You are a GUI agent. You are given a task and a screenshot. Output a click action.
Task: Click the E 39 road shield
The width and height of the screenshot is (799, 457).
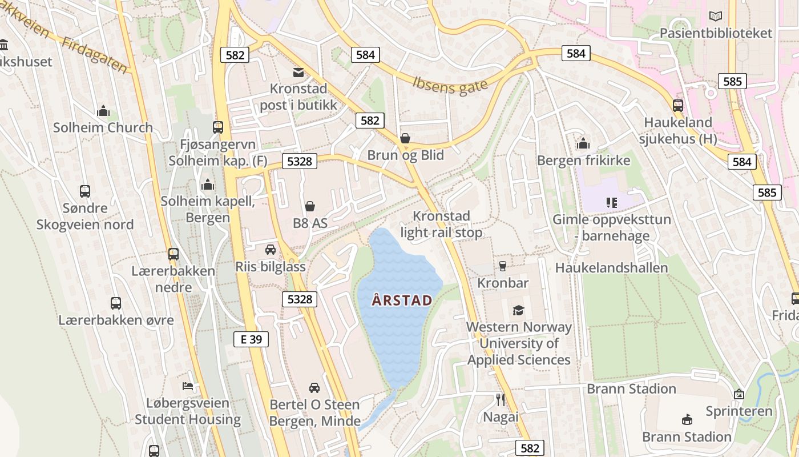pyautogui.click(x=251, y=339)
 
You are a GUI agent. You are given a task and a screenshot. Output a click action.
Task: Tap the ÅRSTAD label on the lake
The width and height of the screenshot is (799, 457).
pyautogui.click(x=402, y=300)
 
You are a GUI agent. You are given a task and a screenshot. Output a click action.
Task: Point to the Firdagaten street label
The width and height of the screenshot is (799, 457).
pyautogui.click(x=95, y=56)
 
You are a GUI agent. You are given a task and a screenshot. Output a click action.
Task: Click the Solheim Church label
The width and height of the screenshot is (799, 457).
pyautogui.click(x=103, y=127)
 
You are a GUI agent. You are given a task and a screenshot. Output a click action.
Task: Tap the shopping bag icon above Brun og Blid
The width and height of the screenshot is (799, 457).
pyautogui.click(x=405, y=138)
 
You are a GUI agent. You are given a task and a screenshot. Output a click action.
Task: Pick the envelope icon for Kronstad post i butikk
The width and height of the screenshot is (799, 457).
pyautogui.click(x=298, y=73)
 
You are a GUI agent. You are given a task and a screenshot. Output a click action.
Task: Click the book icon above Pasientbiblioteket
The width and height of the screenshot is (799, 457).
pyautogui.click(x=715, y=16)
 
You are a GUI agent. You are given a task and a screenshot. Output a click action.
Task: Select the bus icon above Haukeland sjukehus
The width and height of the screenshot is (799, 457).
pyautogui.click(x=677, y=106)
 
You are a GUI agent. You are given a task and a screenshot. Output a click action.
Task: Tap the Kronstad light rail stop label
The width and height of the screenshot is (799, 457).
pyautogui.click(x=441, y=225)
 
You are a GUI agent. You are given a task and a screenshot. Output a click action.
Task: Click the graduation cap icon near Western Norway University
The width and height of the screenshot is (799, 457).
pyautogui.click(x=518, y=310)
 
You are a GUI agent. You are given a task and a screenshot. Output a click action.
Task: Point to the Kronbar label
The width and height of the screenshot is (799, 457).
pyautogui.click(x=503, y=283)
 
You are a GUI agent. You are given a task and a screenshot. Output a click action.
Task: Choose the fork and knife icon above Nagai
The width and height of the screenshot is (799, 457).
pyautogui.click(x=501, y=399)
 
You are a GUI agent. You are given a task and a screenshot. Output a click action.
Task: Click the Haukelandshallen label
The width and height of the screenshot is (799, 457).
pyautogui.click(x=611, y=268)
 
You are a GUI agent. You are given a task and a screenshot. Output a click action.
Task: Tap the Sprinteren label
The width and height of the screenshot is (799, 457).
pyautogui.click(x=739, y=411)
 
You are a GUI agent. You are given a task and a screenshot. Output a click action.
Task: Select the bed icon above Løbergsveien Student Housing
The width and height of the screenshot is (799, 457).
pyautogui.click(x=188, y=386)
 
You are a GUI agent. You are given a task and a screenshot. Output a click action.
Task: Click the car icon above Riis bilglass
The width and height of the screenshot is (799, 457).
pyautogui.click(x=271, y=250)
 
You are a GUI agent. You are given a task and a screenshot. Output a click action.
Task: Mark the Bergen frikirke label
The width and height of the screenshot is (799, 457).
pyautogui.click(x=583, y=161)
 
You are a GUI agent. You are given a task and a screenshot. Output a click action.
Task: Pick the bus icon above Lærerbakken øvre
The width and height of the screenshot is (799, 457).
pyautogui.click(x=116, y=303)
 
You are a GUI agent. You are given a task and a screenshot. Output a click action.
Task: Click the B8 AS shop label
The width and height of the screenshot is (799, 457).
pyautogui.click(x=310, y=223)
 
